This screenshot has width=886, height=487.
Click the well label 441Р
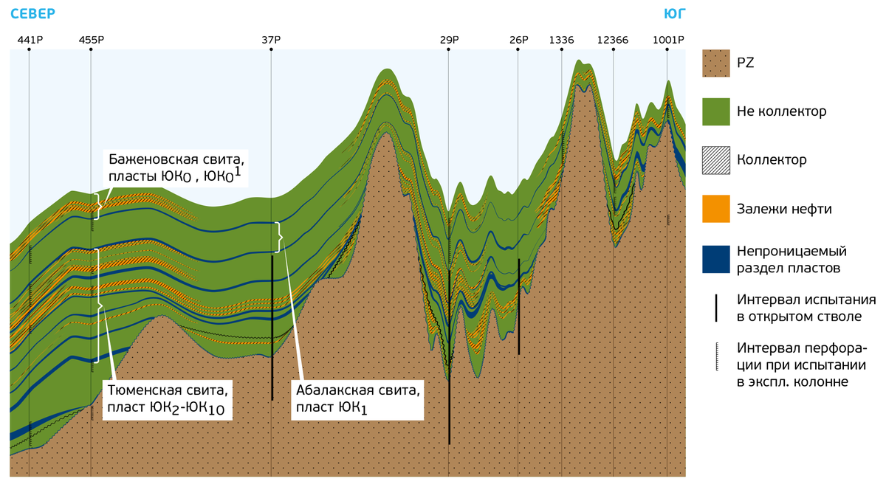pos(29,40)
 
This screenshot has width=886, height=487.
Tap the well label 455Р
pos(91,40)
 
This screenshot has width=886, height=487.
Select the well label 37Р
pos(271,40)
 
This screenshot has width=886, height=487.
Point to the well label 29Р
pos(449,40)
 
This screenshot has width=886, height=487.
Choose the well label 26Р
pos(518,40)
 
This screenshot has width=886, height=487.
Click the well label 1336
pos(561,40)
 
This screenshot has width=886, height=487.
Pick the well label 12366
pos(613,40)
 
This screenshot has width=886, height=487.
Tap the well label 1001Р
pos(667,40)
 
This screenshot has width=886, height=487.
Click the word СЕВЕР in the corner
pos(34,13)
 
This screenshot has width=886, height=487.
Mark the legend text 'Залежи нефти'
pos(784,209)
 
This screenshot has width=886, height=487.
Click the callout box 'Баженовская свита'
pos(176,168)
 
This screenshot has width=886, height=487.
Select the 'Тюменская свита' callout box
pos(168,398)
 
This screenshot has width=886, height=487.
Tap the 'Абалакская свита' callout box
pos(357,398)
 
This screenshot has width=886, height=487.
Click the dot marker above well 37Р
pos(271,49)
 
